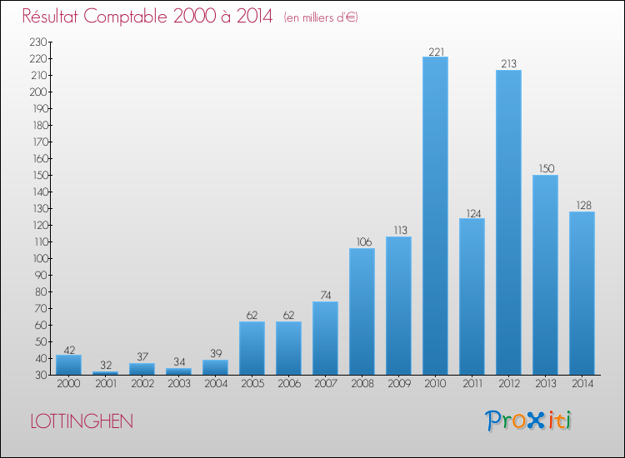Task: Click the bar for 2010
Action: point(435,216)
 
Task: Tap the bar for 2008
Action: point(362,311)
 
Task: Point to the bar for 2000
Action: point(68,365)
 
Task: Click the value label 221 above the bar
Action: point(435,52)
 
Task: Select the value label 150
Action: point(545,169)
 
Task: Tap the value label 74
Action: point(325,296)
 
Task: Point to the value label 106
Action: point(362,242)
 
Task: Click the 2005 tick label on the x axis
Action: point(252,384)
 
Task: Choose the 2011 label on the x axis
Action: point(472,384)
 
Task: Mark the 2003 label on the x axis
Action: point(178,384)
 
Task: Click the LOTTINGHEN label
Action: point(81,421)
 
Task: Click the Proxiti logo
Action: point(529,421)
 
